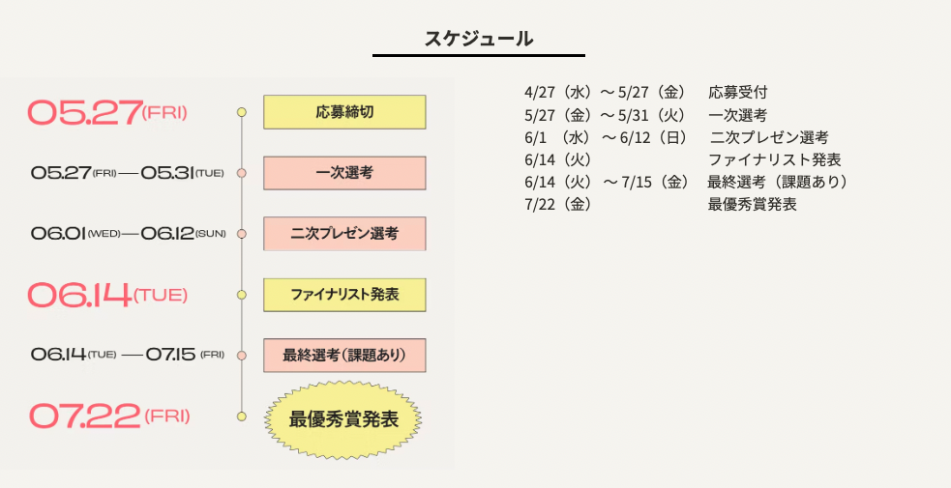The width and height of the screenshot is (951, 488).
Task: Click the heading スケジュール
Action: pos(479,39)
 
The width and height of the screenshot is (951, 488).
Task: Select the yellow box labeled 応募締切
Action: pos(344,112)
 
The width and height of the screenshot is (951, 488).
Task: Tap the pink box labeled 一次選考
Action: pos(344,173)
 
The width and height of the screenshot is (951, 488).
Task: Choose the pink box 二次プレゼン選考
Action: pos(344,234)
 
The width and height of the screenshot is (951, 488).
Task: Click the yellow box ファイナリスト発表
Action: pos(344,295)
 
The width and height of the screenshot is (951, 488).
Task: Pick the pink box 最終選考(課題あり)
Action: pos(344,356)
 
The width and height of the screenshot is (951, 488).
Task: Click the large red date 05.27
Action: pos(85,112)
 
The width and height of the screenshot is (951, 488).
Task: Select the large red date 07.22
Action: pos(85,416)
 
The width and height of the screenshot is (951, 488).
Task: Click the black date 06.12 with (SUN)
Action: pos(167,234)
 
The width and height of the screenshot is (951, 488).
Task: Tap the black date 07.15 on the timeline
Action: pos(171,355)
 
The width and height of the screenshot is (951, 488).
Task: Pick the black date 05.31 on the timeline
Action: pos(167,173)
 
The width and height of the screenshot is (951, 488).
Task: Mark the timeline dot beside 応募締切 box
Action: pos(242,112)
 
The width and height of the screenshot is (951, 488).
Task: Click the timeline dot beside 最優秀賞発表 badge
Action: pos(242,416)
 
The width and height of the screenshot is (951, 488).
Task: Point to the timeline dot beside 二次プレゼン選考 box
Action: pos(242,234)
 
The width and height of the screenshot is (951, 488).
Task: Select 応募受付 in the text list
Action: pos(738,93)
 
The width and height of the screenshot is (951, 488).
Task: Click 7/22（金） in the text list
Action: pos(558,204)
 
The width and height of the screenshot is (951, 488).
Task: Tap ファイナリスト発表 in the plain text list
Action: pos(774,159)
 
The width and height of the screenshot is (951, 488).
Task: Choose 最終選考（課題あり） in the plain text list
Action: pos(778,182)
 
